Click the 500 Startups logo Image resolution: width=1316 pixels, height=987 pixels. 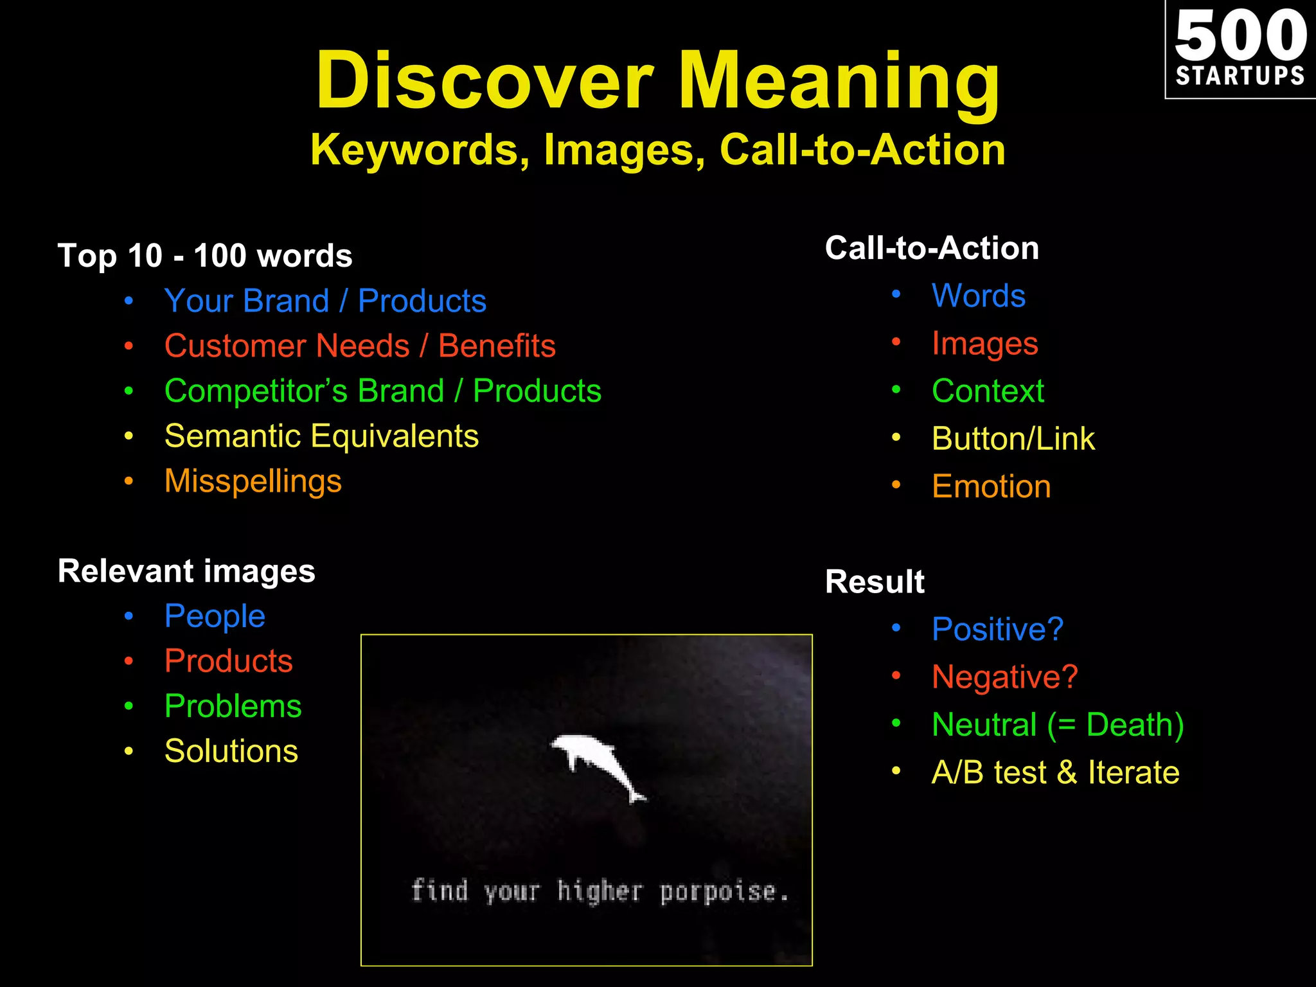1240,49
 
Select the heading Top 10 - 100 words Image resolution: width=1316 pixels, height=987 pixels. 205,256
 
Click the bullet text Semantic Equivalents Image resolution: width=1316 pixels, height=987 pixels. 321,436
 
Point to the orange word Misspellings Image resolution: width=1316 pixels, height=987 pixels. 253,481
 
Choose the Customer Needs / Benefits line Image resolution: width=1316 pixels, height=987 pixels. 360,346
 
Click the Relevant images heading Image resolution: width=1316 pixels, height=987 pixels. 186,571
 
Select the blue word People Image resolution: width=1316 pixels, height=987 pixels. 215,616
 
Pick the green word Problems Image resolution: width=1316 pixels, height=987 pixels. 233,706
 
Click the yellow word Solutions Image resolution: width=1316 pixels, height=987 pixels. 231,751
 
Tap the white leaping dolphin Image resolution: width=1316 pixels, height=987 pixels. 598,765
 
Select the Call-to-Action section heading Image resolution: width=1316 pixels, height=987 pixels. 932,249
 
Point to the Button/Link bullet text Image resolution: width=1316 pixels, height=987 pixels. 1013,439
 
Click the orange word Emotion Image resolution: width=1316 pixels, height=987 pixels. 991,486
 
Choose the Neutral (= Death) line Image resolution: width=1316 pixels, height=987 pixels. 1058,725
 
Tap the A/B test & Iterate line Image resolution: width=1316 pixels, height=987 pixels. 1055,772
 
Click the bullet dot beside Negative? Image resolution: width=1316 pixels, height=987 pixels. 896,675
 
